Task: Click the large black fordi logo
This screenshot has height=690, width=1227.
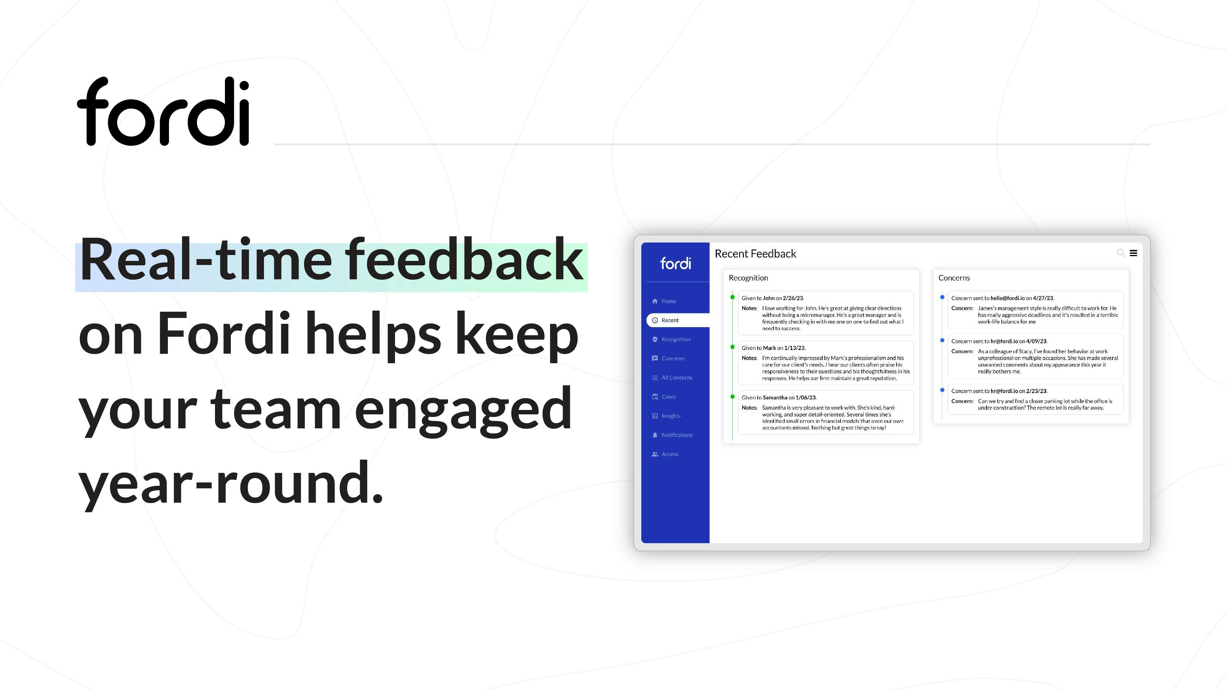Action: pyautogui.click(x=163, y=111)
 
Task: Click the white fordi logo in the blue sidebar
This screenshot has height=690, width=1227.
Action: pyautogui.click(x=676, y=263)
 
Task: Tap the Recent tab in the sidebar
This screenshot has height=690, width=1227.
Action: pyautogui.click(x=670, y=321)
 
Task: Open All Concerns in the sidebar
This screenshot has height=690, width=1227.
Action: pyautogui.click(x=676, y=378)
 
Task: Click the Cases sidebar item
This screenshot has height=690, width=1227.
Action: pyautogui.click(x=668, y=397)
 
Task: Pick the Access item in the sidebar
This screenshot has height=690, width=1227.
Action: pyautogui.click(x=670, y=454)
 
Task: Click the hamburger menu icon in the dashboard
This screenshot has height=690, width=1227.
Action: pyautogui.click(x=1133, y=253)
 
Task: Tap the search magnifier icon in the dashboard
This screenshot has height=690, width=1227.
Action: pyautogui.click(x=1121, y=253)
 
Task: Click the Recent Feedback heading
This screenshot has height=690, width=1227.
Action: pyautogui.click(x=755, y=254)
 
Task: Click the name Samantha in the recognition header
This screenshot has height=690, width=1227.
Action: pyautogui.click(x=775, y=397)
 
